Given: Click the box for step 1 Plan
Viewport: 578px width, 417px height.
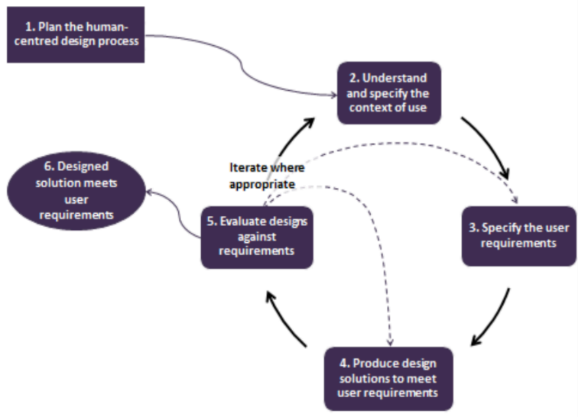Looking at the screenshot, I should pos(75,34).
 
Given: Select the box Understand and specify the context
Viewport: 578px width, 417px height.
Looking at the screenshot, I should pos(389,92).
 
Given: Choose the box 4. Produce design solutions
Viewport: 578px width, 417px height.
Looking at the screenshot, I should pos(388,379).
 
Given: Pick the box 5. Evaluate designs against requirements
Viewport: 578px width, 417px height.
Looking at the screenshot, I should pos(257,237).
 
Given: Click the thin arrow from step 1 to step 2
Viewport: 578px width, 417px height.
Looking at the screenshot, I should pos(245,65).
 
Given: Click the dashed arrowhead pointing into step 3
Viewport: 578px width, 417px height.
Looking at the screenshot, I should pos(515,201).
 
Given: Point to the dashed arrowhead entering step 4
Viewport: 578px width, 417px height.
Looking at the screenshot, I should pos(391,341).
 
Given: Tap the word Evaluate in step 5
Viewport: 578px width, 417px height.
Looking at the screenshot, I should pos(242,222).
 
